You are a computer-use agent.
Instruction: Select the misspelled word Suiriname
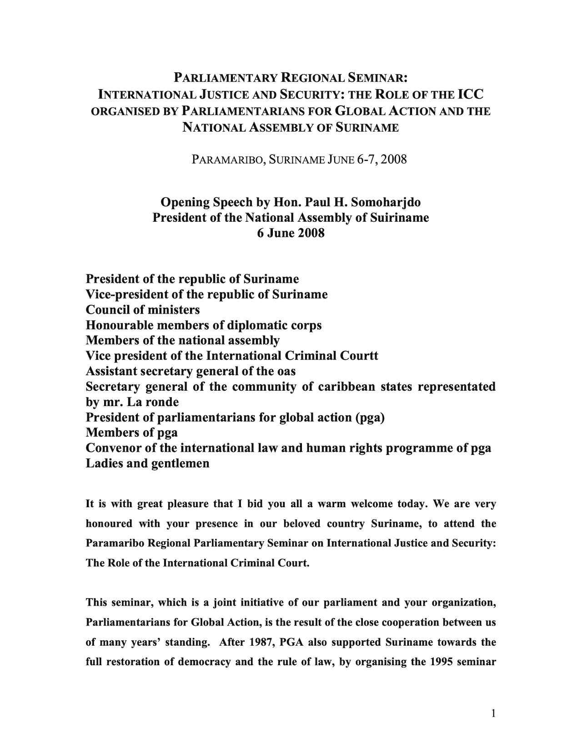pyautogui.click(x=400, y=218)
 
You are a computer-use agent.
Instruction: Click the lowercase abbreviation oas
pyautogui.click(x=286, y=371)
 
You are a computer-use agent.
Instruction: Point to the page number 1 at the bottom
pyautogui.click(x=493, y=713)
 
